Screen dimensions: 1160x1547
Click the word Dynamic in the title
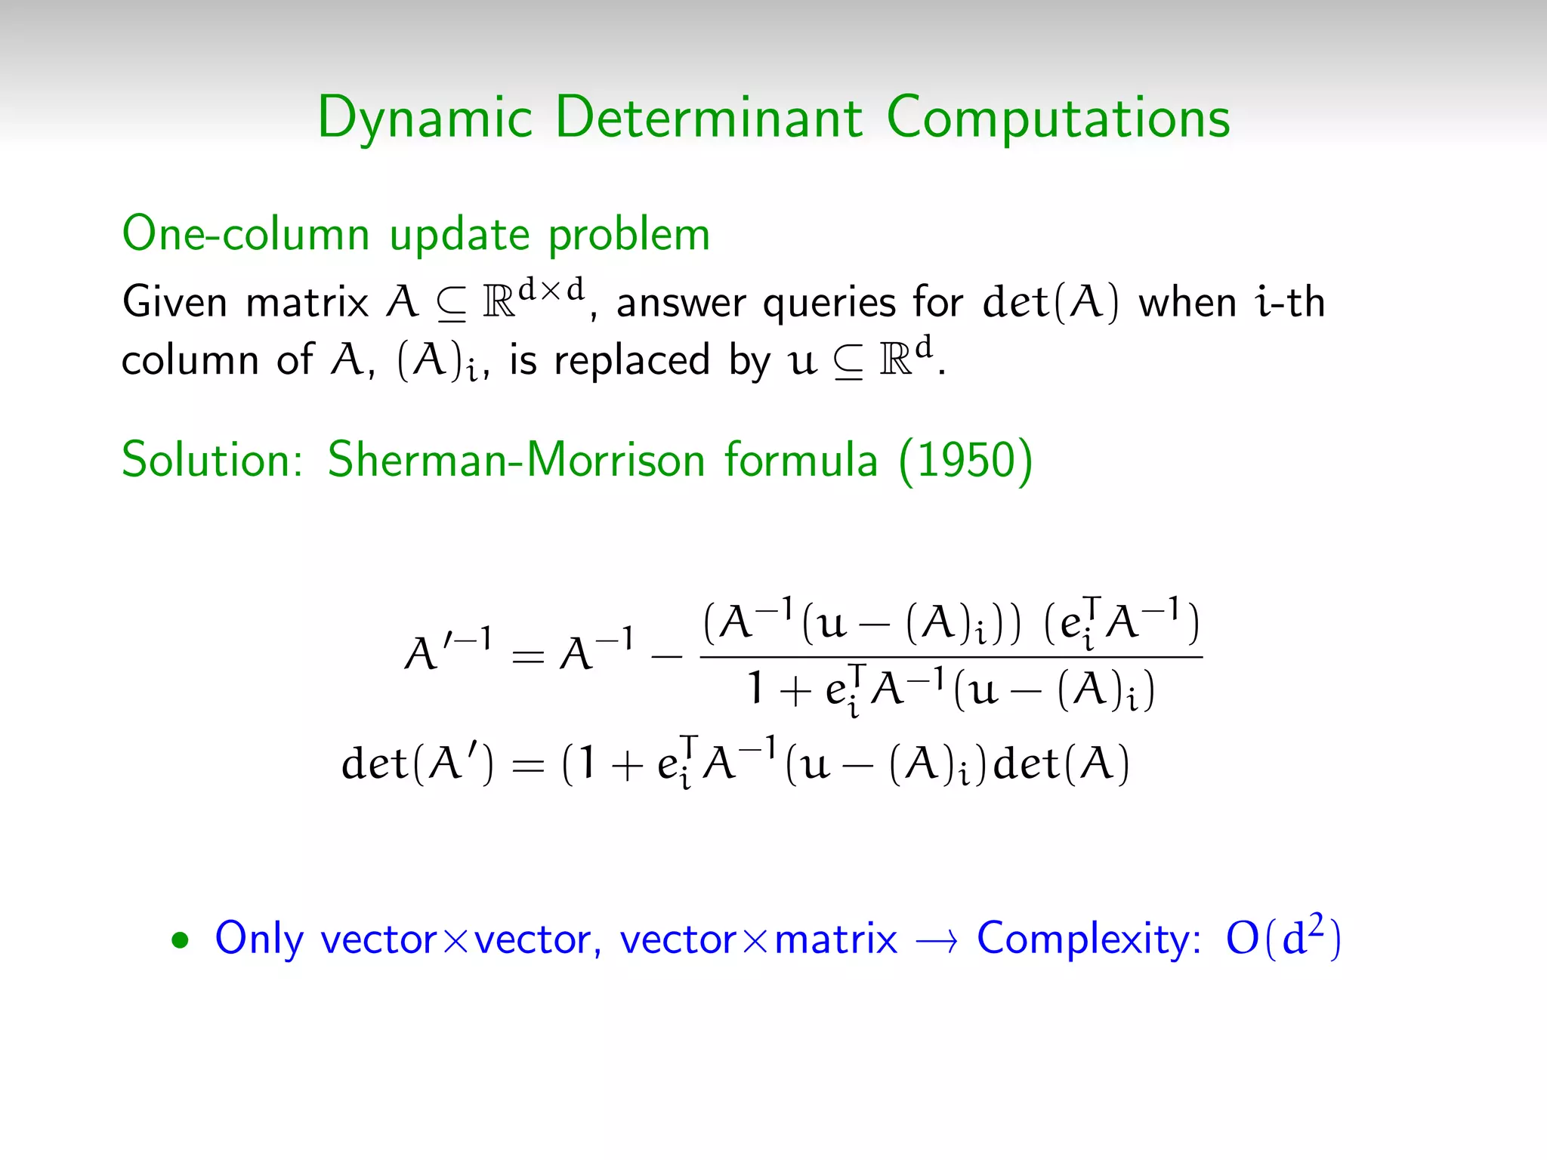pos(425,119)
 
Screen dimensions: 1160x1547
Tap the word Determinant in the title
pos(709,118)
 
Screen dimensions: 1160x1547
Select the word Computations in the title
pos(1058,119)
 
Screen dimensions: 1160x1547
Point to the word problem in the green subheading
pos(629,236)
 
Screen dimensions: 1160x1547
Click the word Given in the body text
pos(174,302)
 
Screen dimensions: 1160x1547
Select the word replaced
pos(631,360)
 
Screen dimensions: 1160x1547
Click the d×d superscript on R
pos(551,289)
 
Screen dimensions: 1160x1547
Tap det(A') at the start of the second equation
pos(417,763)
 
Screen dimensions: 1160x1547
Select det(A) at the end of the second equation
pos(1061,763)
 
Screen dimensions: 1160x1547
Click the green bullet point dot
pos(180,941)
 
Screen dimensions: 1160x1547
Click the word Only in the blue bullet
pos(258,939)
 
